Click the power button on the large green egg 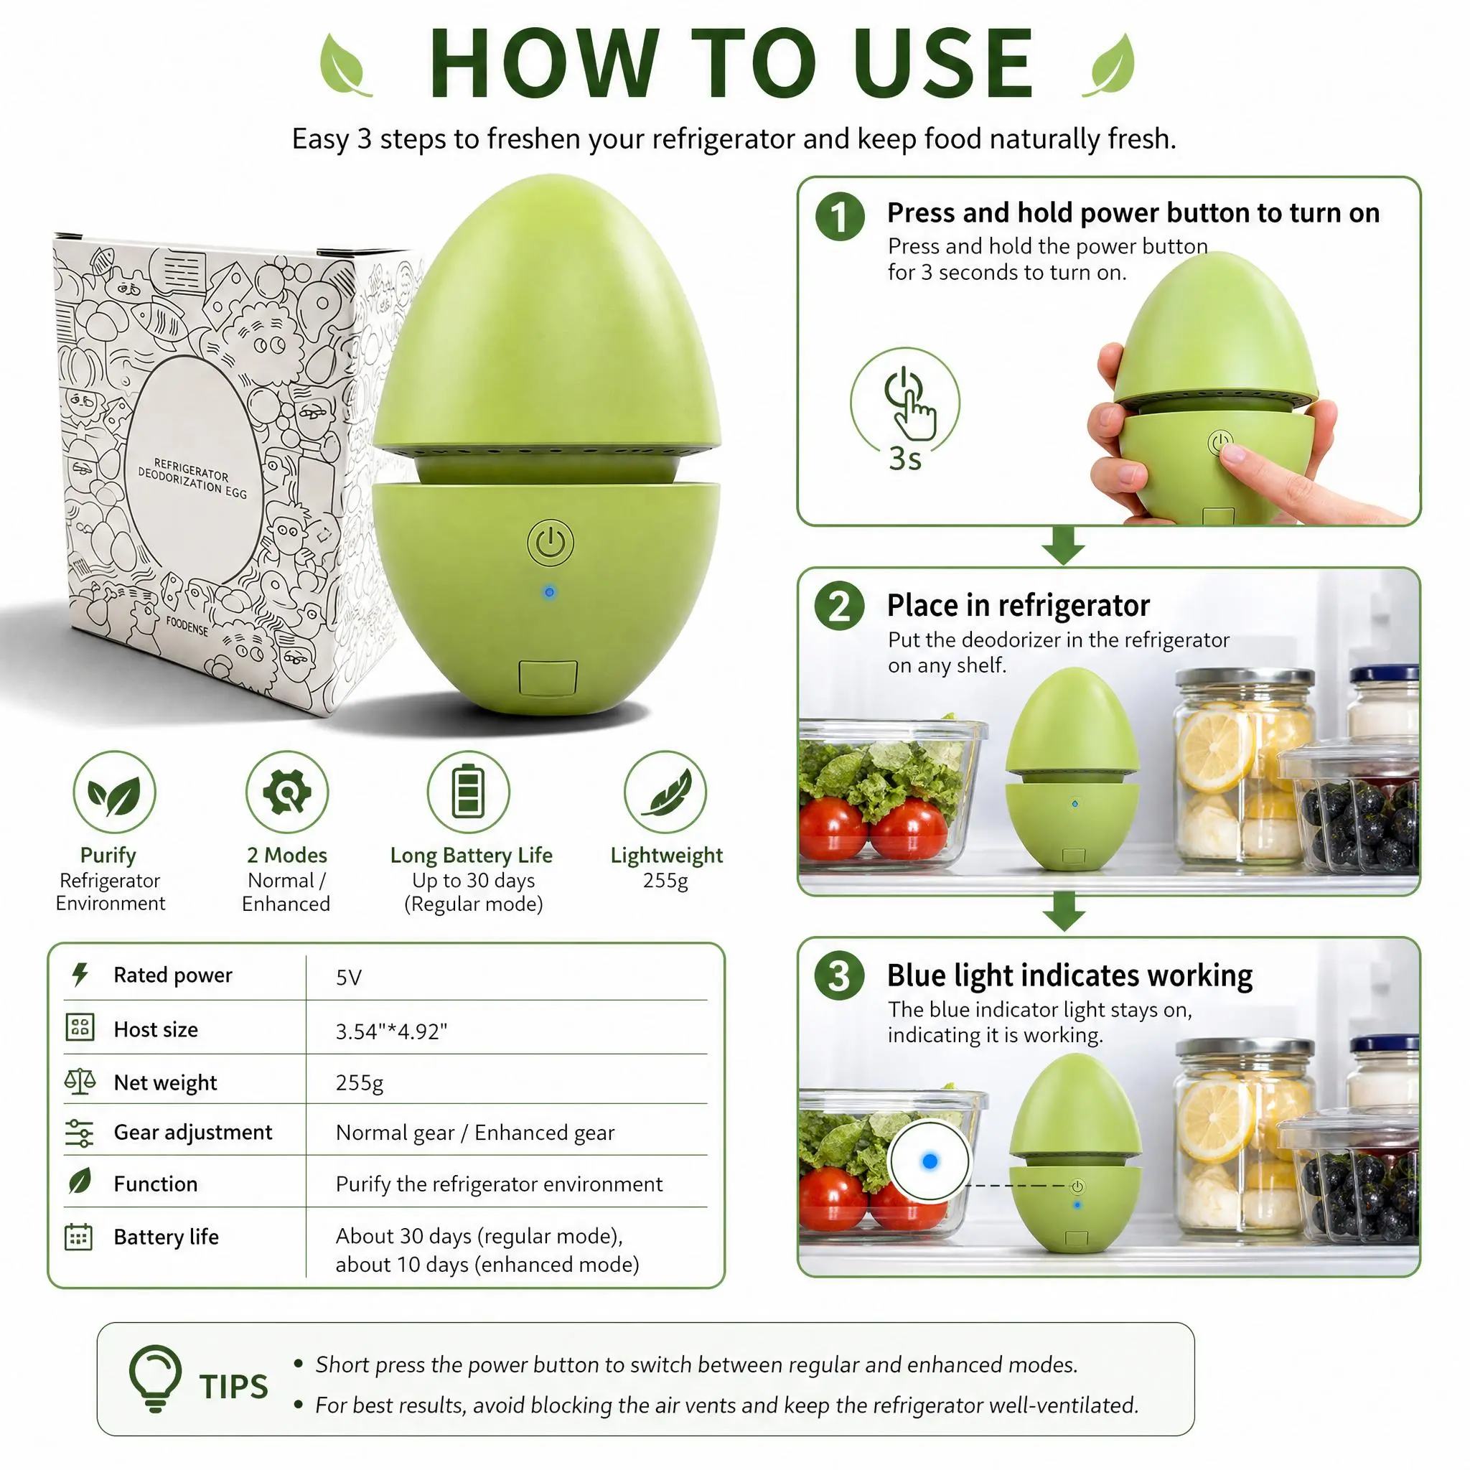click(x=550, y=543)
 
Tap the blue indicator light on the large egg click(x=549, y=592)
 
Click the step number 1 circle click(x=840, y=216)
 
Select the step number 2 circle click(x=839, y=607)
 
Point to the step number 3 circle click(x=839, y=975)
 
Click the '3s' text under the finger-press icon click(x=904, y=459)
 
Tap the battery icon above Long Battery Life click(x=468, y=791)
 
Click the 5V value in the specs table click(x=348, y=977)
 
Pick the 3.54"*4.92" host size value click(x=391, y=1031)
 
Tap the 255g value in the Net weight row click(x=359, y=1082)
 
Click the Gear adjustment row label click(x=192, y=1132)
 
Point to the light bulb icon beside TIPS click(x=155, y=1379)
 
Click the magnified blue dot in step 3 click(x=929, y=1161)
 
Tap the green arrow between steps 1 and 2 click(x=1064, y=546)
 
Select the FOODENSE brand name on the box click(x=187, y=627)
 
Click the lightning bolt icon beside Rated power click(x=80, y=975)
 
